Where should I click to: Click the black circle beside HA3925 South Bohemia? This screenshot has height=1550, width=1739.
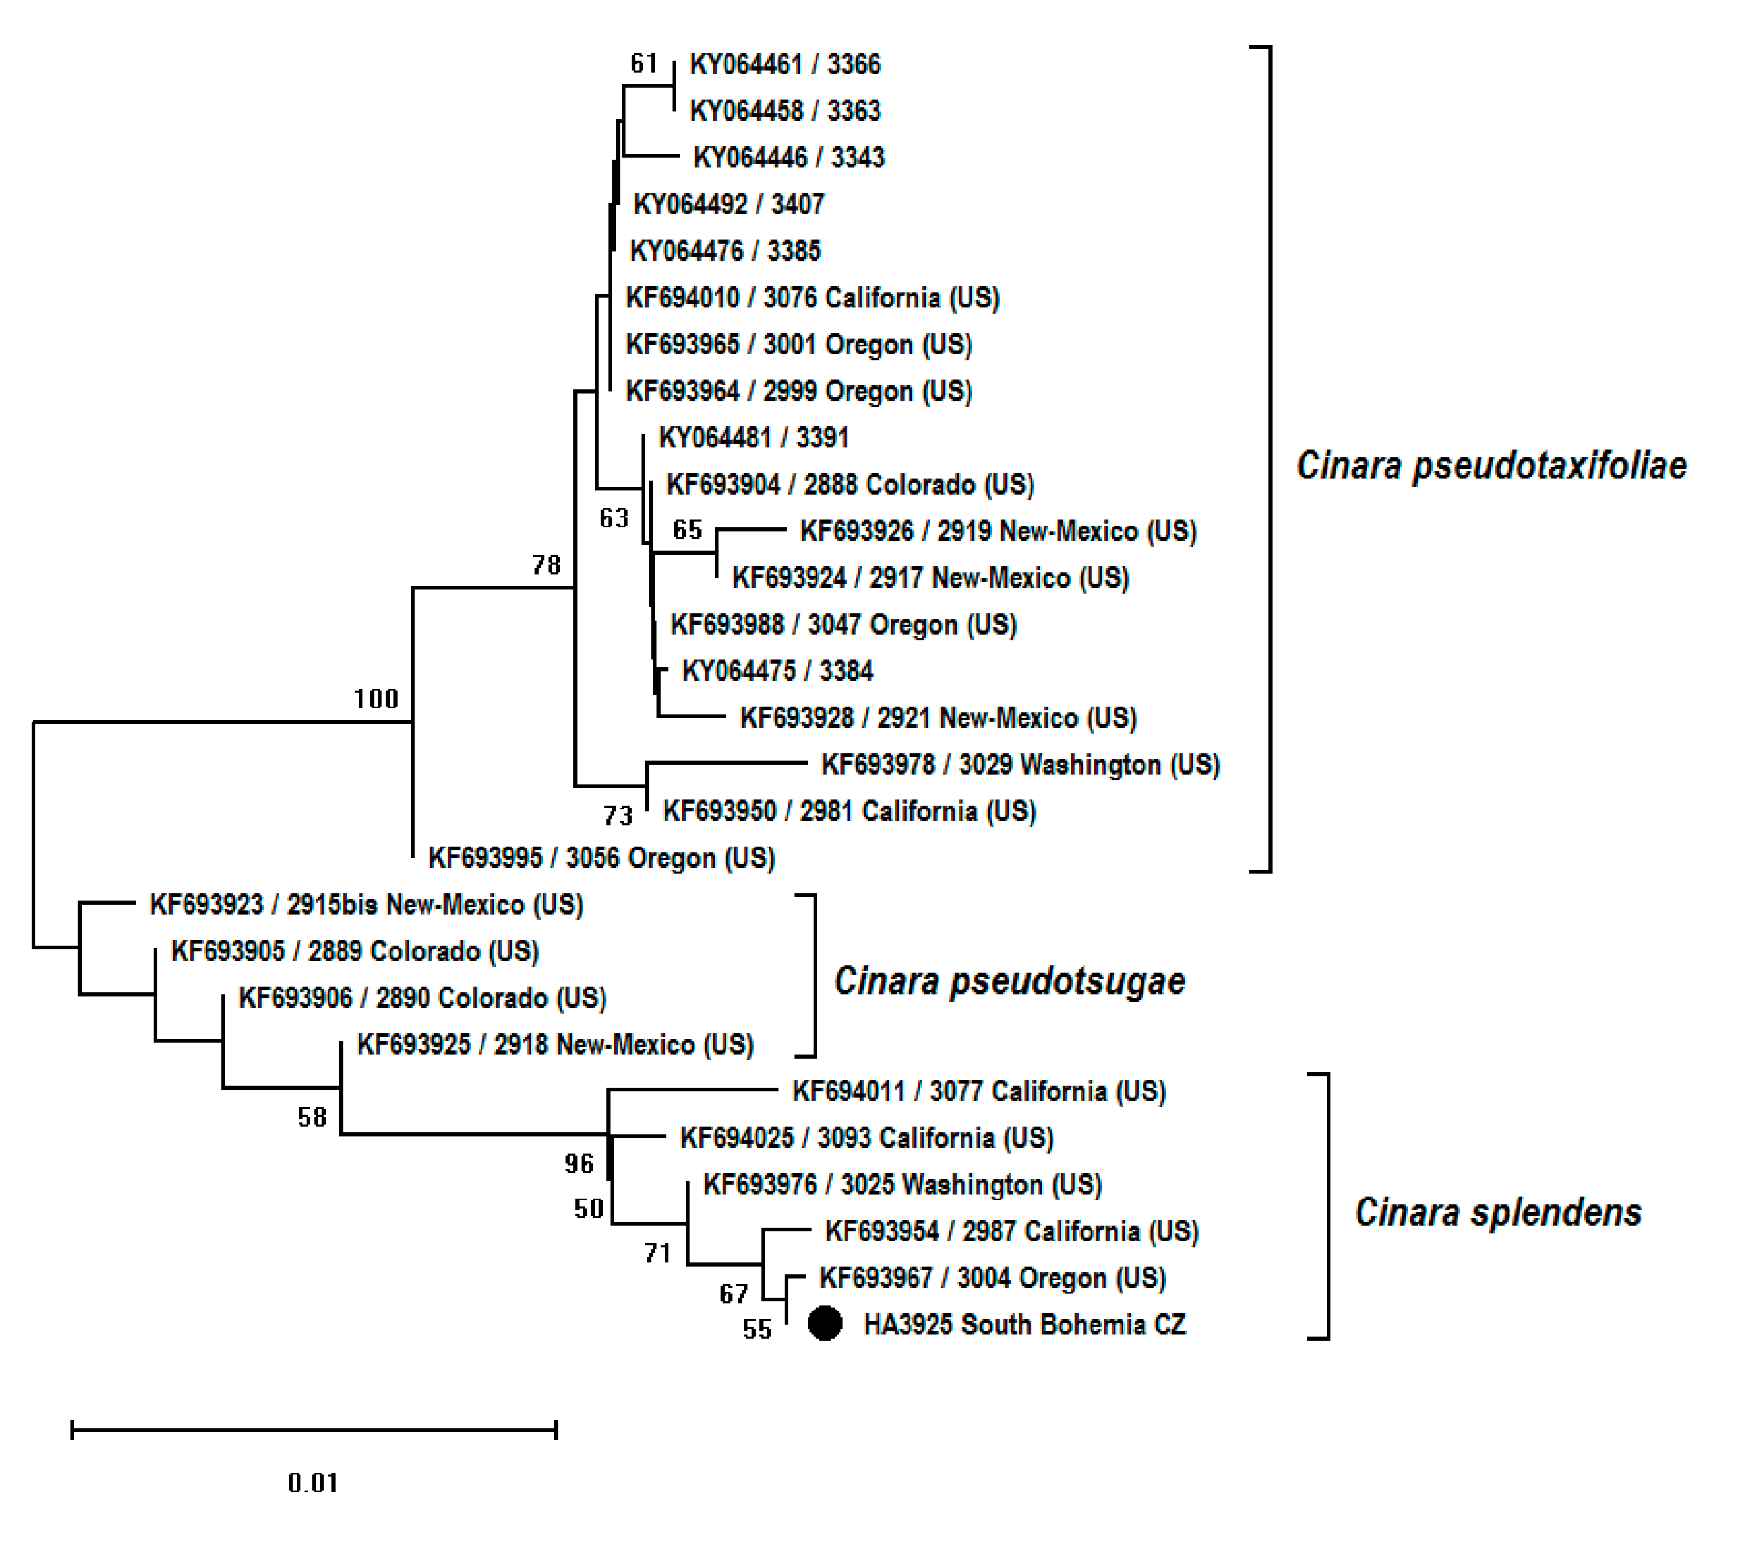coord(824,1323)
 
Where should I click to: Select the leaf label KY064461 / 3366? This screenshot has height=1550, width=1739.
coord(784,64)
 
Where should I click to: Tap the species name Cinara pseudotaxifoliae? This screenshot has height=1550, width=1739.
coord(1491,466)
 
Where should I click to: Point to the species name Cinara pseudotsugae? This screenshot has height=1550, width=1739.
coord(1009,981)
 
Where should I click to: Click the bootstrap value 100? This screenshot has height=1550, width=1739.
coord(375,699)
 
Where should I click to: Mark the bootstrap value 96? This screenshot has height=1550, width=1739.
coord(579,1163)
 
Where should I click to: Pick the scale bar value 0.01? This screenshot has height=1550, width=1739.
coord(312,1482)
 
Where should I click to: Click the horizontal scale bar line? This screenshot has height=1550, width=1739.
coord(313,1429)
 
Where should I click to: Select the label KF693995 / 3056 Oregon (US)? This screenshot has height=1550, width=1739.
coord(601,858)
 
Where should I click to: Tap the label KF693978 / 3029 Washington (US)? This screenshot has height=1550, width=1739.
coord(1020,765)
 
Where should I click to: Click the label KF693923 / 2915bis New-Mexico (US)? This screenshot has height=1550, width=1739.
coord(366,904)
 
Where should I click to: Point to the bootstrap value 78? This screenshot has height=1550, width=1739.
coord(546,565)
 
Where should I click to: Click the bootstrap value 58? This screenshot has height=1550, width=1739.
coord(312,1117)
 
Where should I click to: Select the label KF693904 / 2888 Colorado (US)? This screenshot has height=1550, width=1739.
coord(850,485)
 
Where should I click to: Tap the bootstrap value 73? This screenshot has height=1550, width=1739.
coord(618,816)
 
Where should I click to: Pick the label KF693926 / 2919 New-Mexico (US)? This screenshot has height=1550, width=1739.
coord(998,531)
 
